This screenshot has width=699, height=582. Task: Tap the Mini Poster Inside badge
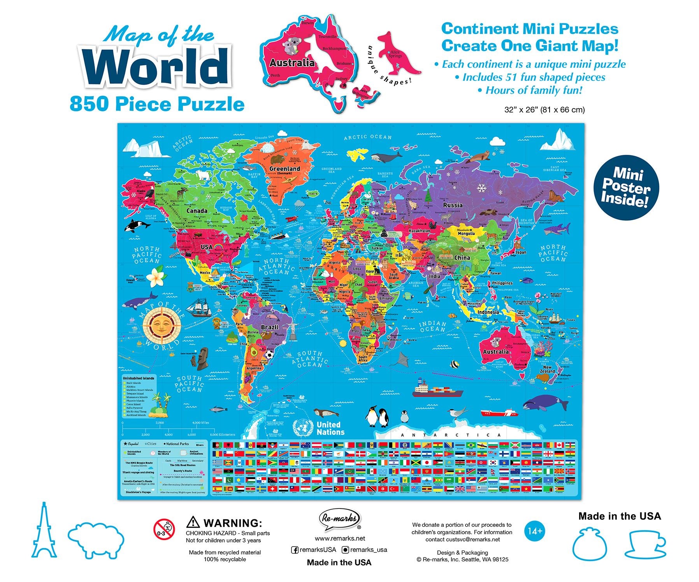click(626, 187)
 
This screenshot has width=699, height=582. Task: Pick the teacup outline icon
click(645, 543)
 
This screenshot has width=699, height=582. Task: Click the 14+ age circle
click(535, 531)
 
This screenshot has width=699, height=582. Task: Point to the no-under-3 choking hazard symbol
click(164, 529)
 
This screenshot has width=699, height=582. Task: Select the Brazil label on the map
click(270, 327)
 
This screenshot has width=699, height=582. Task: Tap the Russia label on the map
click(453, 205)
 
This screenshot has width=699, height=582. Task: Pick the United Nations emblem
click(303, 428)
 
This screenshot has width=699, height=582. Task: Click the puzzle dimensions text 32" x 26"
click(544, 110)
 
